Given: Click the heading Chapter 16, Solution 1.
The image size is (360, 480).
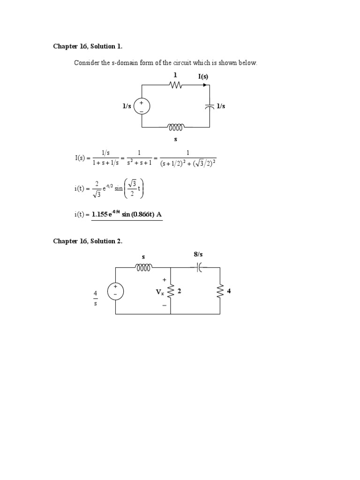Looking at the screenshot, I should pyautogui.click(x=84, y=46).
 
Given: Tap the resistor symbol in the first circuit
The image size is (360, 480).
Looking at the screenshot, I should pyautogui.click(x=176, y=85).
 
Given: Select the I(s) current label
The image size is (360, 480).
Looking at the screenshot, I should pyautogui.click(x=203, y=76).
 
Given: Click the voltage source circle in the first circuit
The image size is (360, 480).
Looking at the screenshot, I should pyautogui.click(x=142, y=106).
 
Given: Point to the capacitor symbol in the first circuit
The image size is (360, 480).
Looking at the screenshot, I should pyautogui.click(x=209, y=106).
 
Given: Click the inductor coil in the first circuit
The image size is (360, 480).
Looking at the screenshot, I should pyautogui.click(x=176, y=127).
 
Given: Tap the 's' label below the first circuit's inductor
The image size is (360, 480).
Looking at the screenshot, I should pyautogui.click(x=176, y=139).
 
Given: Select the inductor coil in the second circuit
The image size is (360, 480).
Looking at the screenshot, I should pyautogui.click(x=143, y=268).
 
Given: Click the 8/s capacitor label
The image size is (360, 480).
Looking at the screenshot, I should pyautogui.click(x=198, y=255).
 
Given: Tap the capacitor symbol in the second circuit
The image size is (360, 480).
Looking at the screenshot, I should pyautogui.click(x=200, y=268).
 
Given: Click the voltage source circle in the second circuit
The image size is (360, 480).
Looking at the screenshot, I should pyautogui.click(x=115, y=291).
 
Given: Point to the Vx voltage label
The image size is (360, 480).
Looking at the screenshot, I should pyautogui.click(x=160, y=292).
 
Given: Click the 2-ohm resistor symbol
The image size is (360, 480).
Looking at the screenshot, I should pyautogui.click(x=171, y=292).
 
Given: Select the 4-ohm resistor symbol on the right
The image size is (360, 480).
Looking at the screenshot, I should pyautogui.click(x=219, y=292).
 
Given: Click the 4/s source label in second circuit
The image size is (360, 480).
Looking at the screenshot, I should pyautogui.click(x=95, y=298).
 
